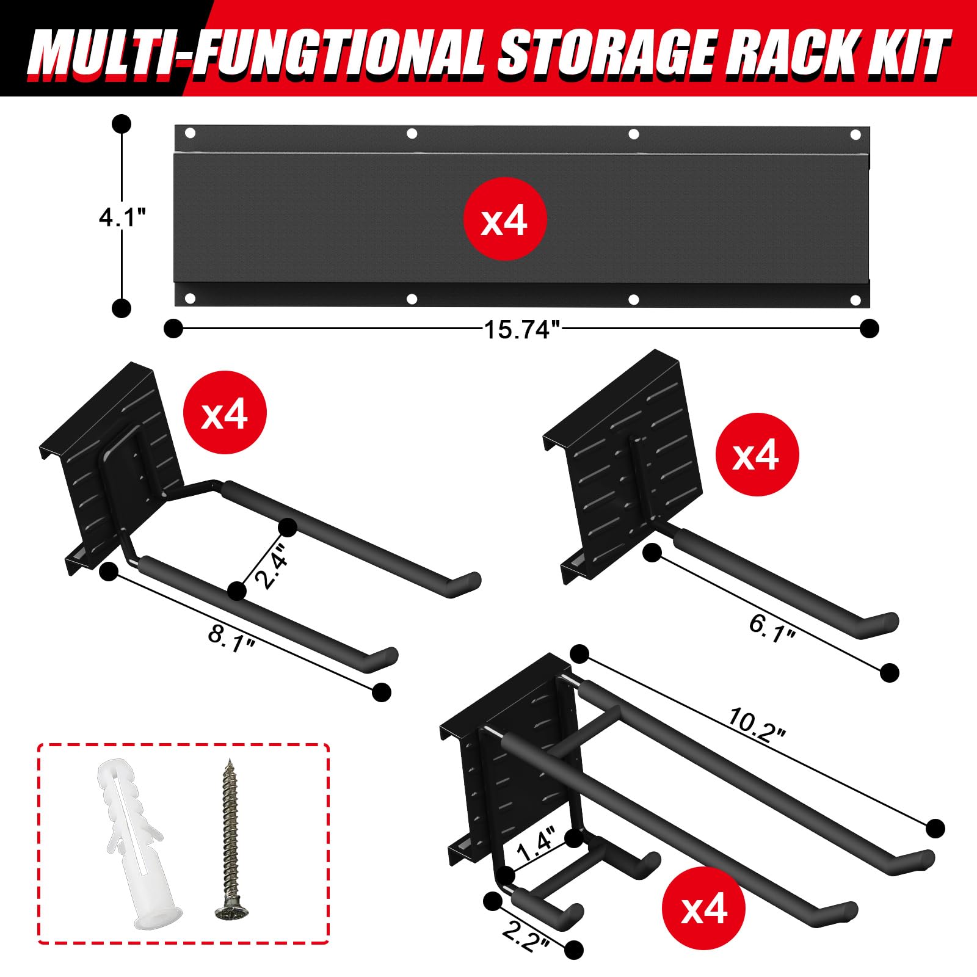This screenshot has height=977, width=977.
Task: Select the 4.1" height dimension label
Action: coord(123,217)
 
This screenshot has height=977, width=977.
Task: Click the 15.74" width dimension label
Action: coord(521,330)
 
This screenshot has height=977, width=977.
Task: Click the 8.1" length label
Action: coord(231,639)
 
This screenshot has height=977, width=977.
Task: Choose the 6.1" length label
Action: coord(772,628)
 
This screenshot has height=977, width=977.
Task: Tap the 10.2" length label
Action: coord(756,725)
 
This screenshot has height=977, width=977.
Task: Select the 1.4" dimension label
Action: coord(536,843)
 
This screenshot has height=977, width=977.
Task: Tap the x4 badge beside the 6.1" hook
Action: coord(757,454)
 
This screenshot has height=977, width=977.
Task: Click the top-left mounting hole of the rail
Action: coord(190,133)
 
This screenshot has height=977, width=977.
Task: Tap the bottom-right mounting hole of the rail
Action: coord(856,300)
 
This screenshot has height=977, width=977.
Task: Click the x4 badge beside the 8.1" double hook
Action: coord(225,412)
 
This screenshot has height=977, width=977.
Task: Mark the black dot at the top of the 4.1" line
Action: coord(122,124)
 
